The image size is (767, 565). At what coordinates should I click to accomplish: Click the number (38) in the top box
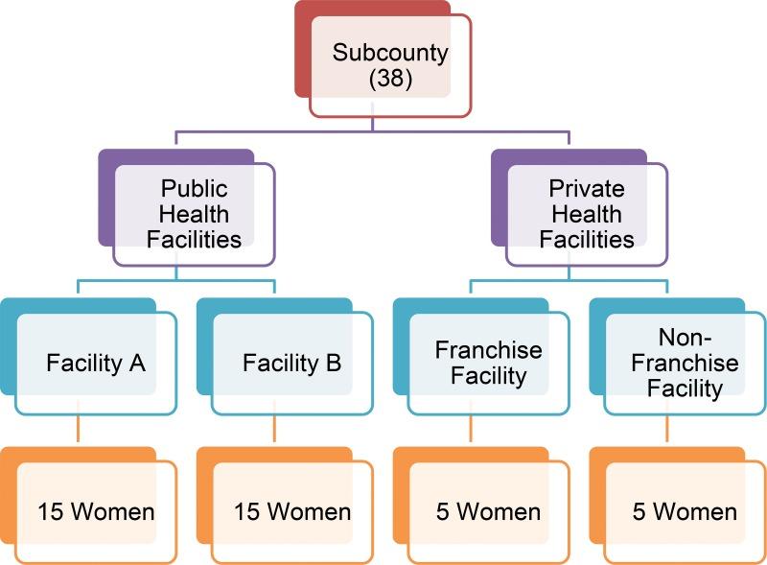(391, 80)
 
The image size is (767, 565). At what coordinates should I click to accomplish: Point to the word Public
(194, 188)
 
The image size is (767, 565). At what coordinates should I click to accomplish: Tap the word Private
(587, 188)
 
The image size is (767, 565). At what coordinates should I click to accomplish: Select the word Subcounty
(391, 53)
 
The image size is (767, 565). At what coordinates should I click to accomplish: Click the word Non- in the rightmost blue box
(685, 338)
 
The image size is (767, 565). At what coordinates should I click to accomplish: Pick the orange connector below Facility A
(79, 428)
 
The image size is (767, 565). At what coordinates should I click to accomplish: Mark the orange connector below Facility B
(274, 428)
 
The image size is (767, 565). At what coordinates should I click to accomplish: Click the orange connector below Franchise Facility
(471, 428)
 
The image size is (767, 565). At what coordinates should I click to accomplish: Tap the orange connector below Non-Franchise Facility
(666, 428)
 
